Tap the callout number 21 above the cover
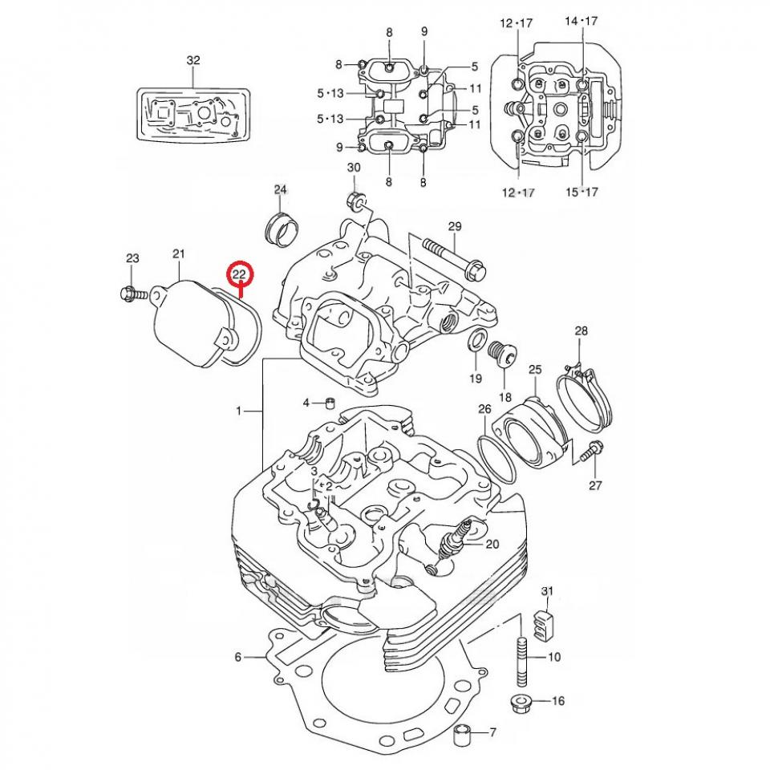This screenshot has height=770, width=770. coord(178,254)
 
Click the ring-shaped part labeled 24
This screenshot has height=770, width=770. coord(279,229)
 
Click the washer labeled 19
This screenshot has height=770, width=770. coord(475,341)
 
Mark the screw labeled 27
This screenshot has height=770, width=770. coord(593,451)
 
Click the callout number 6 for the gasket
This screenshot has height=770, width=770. coord(238,658)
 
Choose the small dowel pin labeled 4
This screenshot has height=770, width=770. coord(329,401)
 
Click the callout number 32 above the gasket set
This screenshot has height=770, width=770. coord(193,60)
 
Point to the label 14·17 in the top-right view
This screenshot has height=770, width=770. coord(582,22)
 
